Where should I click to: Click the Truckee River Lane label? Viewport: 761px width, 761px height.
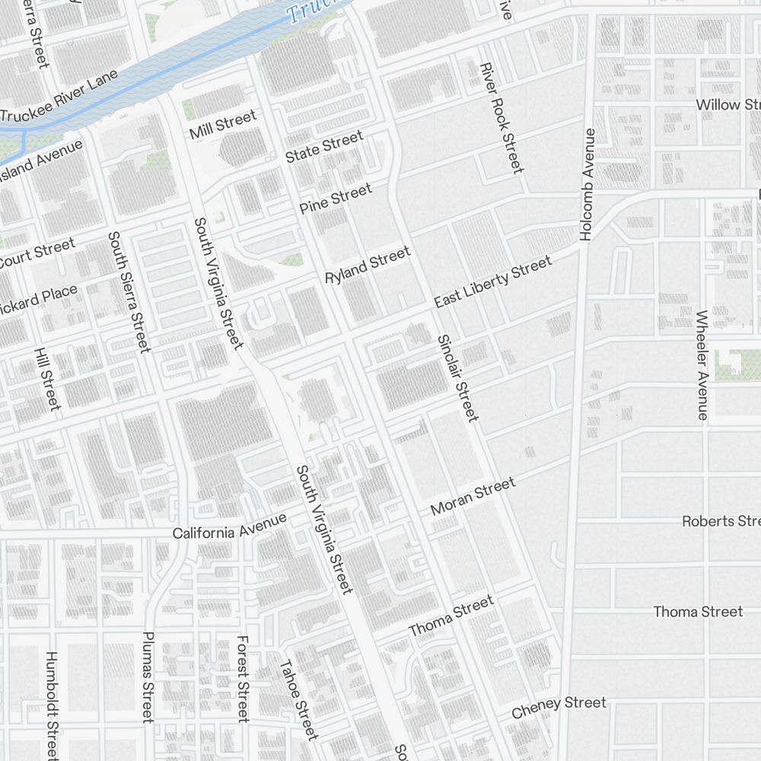[x=59, y=97]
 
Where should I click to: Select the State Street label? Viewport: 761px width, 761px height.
[x=324, y=146]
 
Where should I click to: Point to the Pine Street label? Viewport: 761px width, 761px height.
[x=336, y=198]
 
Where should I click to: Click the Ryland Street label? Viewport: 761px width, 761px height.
[x=368, y=265]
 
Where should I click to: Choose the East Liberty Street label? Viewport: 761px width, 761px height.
[x=492, y=282]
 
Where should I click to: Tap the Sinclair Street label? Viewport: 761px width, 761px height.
[x=458, y=377]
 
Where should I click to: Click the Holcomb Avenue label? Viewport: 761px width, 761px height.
[x=587, y=185]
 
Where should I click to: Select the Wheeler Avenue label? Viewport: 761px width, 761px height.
[x=702, y=365]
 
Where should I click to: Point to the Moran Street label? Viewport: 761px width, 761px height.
[x=473, y=496]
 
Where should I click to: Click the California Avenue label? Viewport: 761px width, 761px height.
[x=229, y=526]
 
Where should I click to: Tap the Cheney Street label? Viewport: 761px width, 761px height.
[x=559, y=707]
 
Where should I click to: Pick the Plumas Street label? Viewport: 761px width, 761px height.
[x=148, y=677]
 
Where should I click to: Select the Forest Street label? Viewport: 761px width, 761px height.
[x=243, y=679]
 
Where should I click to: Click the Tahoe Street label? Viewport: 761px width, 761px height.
[x=298, y=699]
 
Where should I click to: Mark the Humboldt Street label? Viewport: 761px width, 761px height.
[x=51, y=704]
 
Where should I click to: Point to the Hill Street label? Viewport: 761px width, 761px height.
[x=46, y=379]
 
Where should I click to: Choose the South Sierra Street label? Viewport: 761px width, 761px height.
[x=126, y=292]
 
